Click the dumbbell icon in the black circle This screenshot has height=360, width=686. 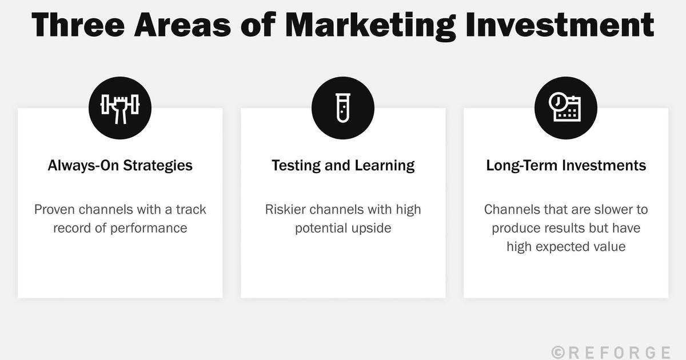(x=120, y=108)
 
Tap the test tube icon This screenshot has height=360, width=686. (x=343, y=108)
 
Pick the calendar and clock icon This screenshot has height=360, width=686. (x=565, y=108)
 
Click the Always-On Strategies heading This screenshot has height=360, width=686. (x=120, y=166)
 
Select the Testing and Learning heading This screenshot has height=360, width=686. (x=343, y=166)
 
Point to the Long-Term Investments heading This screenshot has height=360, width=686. (x=566, y=166)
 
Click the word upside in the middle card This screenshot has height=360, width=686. (x=371, y=228)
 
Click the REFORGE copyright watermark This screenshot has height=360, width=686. (x=611, y=351)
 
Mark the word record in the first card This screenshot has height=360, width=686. (x=73, y=228)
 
